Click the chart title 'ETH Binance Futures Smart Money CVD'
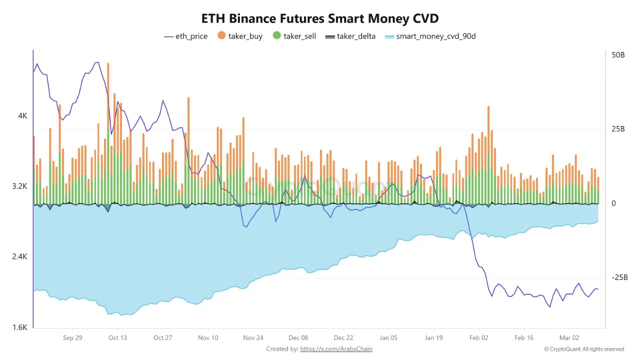(x=320, y=19)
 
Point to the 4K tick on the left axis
(x=22, y=115)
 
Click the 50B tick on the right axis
(x=618, y=55)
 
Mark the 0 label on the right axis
(x=613, y=203)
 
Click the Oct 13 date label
(x=117, y=337)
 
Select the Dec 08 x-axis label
(x=298, y=337)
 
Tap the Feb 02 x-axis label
(x=478, y=337)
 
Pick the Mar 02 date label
(x=568, y=337)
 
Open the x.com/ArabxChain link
(x=336, y=349)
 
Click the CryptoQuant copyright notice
(x=584, y=349)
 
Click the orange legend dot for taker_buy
(x=221, y=36)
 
